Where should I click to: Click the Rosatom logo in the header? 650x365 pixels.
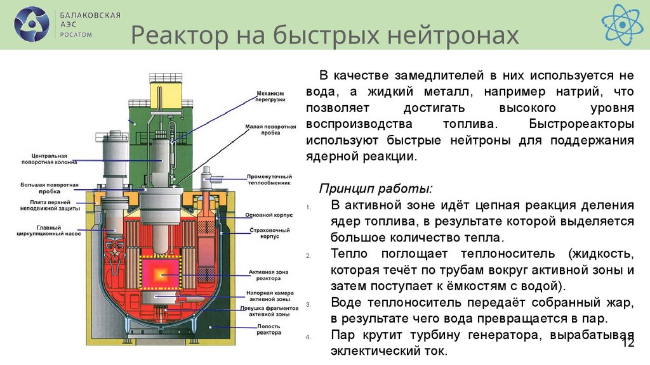[31, 24]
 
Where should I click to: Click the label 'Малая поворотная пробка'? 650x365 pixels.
[270, 130]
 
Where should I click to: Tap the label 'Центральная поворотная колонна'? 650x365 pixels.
[54, 158]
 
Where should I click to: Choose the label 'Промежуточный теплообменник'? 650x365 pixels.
[269, 179]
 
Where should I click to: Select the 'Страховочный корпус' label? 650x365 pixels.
[269, 234]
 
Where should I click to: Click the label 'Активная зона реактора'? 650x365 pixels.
[269, 276]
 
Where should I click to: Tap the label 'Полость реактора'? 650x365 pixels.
[269, 329]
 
